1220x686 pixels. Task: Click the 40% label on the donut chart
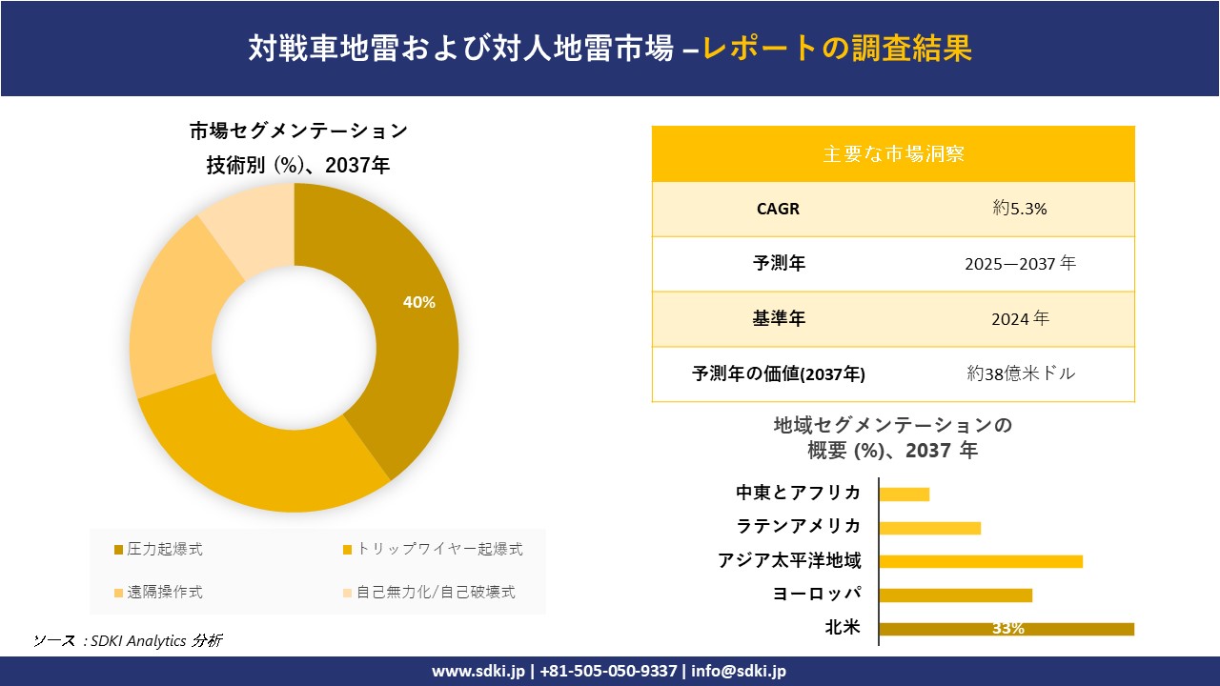pos(419,302)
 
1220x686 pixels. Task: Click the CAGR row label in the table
pos(779,209)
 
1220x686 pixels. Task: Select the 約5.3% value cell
pos(1020,209)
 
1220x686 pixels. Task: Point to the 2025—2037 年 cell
pos(1020,263)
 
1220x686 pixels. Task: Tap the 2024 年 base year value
pos(1020,318)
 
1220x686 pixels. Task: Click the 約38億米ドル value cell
pos(1020,373)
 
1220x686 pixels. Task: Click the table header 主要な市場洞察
pos(893,153)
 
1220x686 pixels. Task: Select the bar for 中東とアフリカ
pos(904,494)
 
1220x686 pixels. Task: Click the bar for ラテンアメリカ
pos(929,528)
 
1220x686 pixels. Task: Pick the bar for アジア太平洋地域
pos(981,561)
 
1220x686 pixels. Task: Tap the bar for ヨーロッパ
pos(955,595)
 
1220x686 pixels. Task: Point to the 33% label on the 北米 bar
pos(1007,629)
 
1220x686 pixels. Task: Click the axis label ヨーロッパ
pos(817,595)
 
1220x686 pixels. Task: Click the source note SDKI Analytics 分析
pos(128,640)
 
